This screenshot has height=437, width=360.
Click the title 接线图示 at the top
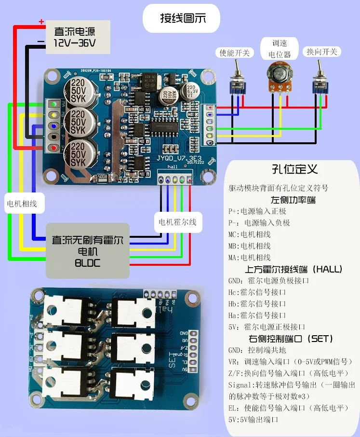tap(183, 19)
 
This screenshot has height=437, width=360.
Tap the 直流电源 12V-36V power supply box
tap(75, 37)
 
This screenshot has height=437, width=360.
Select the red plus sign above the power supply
tap(41, 22)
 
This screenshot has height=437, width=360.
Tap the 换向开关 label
tap(322, 52)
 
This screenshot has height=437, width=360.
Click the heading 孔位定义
tap(293, 170)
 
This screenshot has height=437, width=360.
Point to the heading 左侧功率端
tap(293, 200)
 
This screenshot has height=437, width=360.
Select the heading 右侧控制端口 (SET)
tap(291, 339)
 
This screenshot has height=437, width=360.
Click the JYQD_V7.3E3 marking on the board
tap(177, 158)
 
